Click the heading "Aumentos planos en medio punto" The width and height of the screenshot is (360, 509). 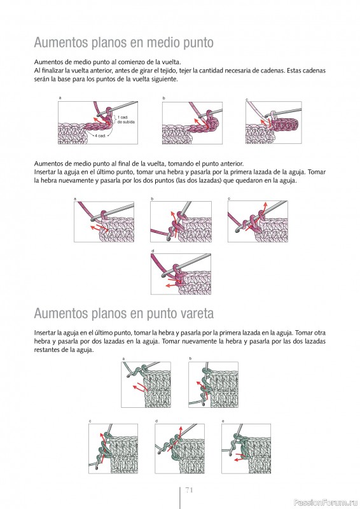click(123, 43)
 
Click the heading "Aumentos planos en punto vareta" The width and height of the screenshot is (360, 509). click(124, 314)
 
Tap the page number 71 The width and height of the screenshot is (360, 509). click(190, 490)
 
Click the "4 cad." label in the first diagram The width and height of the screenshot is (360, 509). click(100, 136)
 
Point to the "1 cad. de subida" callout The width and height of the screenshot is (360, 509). click(126, 120)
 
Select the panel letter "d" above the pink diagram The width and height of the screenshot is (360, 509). click(153, 251)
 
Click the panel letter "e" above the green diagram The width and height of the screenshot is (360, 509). click(223, 421)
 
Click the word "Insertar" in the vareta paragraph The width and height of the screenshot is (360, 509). click(45, 333)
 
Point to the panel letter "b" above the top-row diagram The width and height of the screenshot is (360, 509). click(163, 98)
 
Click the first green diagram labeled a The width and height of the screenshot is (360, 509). click(146, 385)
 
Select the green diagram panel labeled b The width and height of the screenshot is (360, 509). click(213, 385)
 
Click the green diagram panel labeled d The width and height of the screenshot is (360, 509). click(179, 449)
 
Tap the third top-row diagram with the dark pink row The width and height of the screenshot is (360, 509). click(273, 122)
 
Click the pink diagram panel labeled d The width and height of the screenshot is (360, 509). click(181, 274)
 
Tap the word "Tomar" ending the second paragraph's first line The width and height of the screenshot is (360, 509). click(317, 172)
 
